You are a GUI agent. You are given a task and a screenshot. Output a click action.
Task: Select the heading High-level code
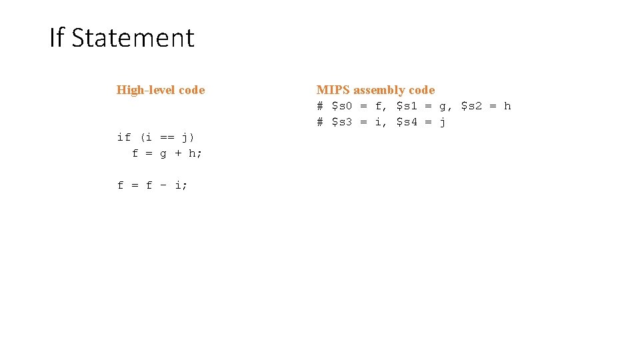pos(161,90)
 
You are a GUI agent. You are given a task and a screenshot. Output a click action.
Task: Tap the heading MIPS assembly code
pos(375,90)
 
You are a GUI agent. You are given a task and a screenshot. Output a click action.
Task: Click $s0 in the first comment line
pos(342,106)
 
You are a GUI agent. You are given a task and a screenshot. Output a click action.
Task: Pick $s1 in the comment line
pos(407,106)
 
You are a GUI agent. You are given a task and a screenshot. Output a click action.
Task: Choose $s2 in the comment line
pos(471,106)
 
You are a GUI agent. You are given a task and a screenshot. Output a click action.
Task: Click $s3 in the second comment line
pos(342,122)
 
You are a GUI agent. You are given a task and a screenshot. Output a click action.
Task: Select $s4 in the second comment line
pos(407,122)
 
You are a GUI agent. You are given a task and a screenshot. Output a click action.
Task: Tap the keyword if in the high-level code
pos(124,137)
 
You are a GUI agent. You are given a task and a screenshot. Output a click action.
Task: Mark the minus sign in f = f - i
pos(164,185)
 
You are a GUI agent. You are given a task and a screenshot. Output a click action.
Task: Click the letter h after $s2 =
pos(507,106)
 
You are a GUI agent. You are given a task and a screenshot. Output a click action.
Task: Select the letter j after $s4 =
pos(443,123)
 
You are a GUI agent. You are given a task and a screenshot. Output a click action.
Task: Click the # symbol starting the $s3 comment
pos(320,122)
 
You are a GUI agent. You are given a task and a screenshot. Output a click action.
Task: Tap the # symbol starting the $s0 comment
pos(320,106)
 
